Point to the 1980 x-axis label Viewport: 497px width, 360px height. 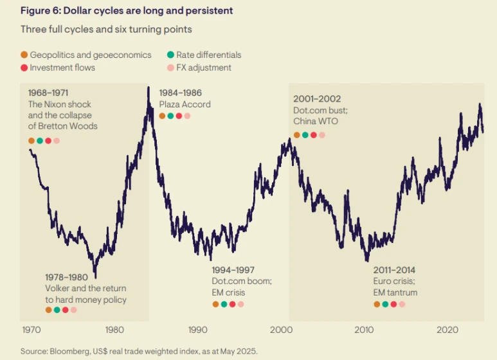(x=115, y=330)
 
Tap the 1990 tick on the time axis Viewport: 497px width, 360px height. (x=197, y=330)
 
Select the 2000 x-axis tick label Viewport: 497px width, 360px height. (x=281, y=330)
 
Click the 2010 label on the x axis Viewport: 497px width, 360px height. (x=364, y=330)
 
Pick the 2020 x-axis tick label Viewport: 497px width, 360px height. (x=447, y=330)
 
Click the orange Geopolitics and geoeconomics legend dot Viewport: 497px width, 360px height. (x=24, y=55)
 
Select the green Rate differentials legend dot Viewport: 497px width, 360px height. (x=170, y=55)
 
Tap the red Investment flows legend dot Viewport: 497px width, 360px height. (x=24, y=67)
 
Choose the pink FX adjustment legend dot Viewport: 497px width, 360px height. (x=170, y=67)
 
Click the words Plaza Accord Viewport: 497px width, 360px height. (x=185, y=104)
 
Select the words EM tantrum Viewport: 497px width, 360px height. (x=395, y=292)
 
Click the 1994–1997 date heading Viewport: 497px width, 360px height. (x=233, y=270)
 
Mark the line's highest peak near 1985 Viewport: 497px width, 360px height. (x=149, y=88)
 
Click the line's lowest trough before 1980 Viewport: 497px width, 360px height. (x=95, y=276)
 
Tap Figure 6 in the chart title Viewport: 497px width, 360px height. (x=39, y=11)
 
